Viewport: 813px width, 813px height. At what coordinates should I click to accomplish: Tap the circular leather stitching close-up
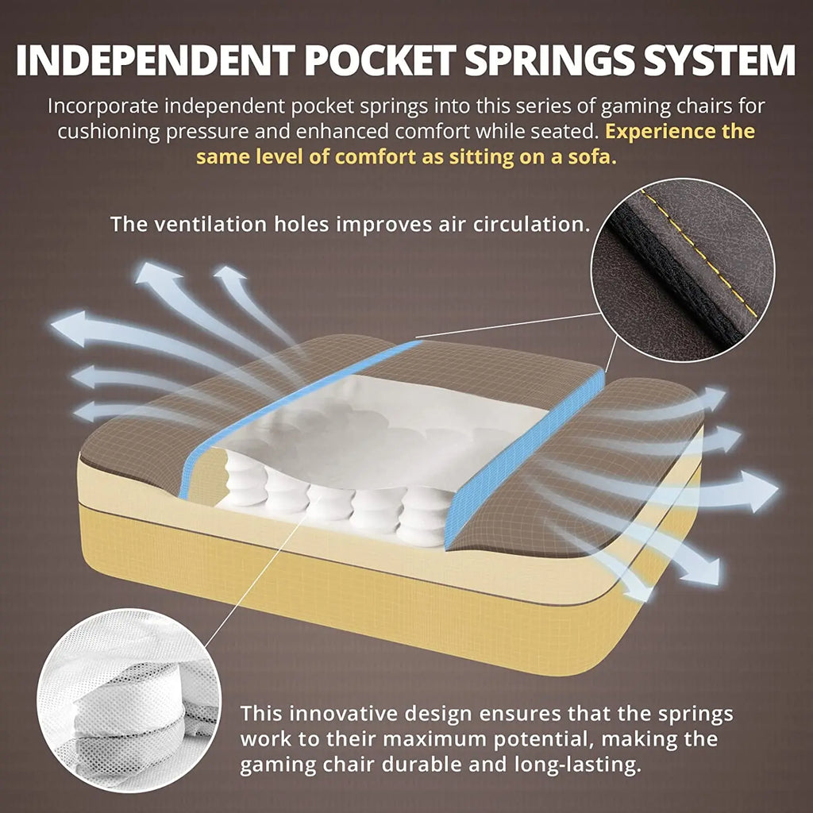(x=682, y=269)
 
